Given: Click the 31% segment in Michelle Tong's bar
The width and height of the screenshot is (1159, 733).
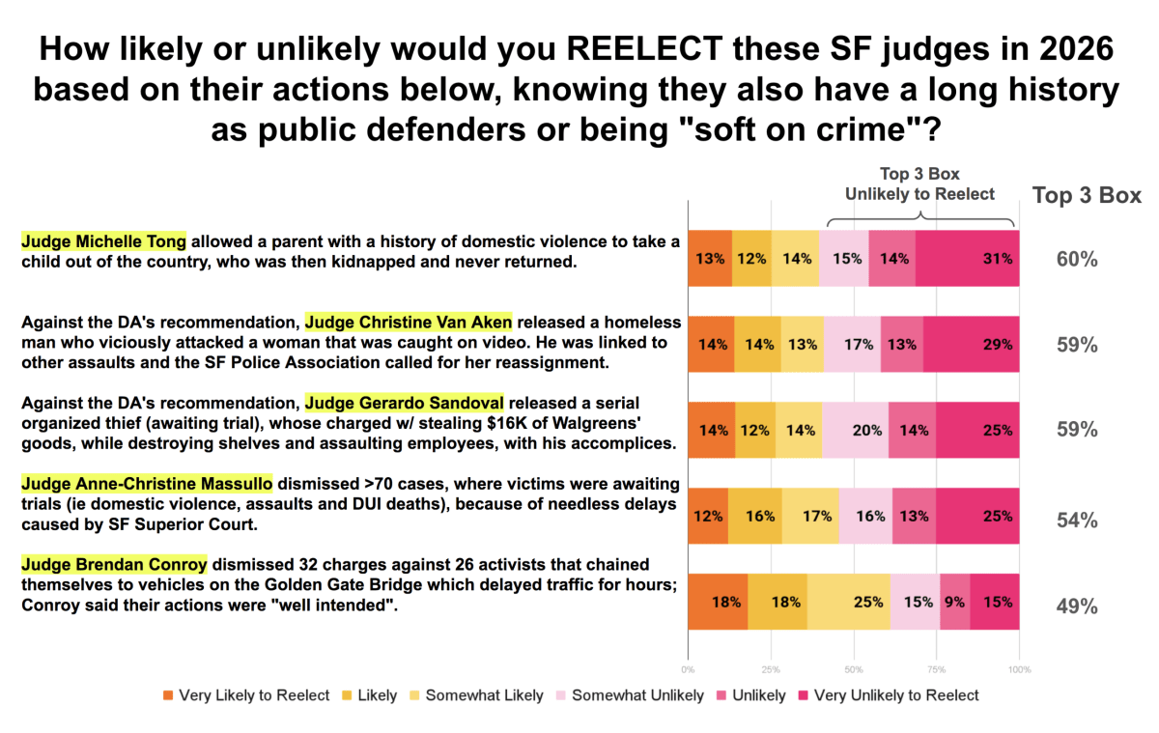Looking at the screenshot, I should pyautogui.click(x=967, y=258).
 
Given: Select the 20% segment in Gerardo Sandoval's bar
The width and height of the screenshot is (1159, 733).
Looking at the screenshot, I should pyautogui.click(x=856, y=430).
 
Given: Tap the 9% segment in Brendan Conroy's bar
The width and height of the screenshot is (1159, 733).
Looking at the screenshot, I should pyautogui.click(x=954, y=602).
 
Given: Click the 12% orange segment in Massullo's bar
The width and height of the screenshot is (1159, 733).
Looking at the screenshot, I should pyautogui.click(x=708, y=516).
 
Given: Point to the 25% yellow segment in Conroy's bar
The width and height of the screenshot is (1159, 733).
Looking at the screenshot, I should pyautogui.click(x=849, y=602).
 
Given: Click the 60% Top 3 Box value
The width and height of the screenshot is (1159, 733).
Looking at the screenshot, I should pyautogui.click(x=1076, y=259).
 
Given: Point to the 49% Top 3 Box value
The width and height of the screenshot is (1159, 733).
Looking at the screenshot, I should pyautogui.click(x=1076, y=606).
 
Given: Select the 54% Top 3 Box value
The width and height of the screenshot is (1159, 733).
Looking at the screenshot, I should pyautogui.click(x=1076, y=521).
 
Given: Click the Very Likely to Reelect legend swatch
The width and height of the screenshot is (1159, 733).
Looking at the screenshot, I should pyautogui.click(x=169, y=695).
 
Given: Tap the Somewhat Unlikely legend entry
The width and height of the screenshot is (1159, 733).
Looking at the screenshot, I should pyautogui.click(x=629, y=695).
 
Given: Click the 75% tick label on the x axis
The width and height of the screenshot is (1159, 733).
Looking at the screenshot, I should pyautogui.click(x=937, y=668).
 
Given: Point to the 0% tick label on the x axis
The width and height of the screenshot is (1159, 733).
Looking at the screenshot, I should pyautogui.click(x=688, y=668).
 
